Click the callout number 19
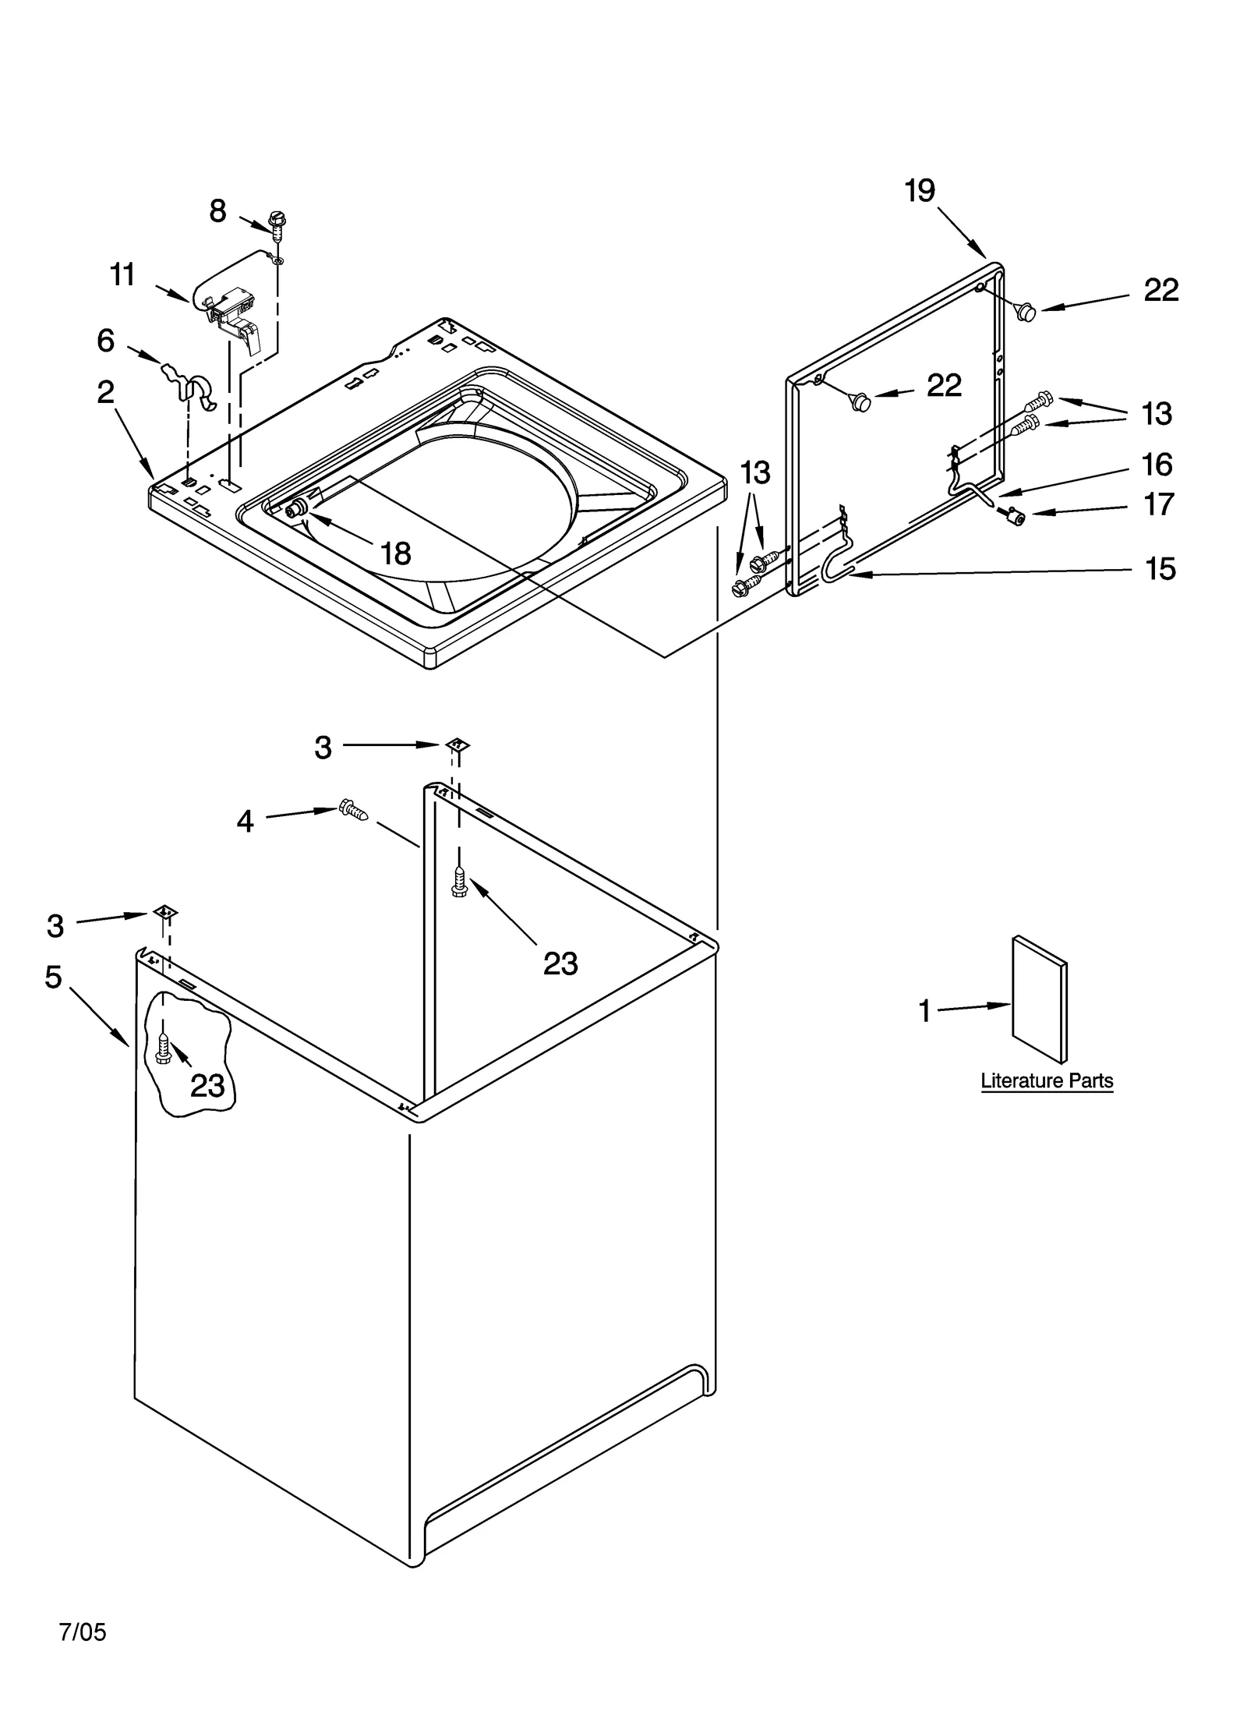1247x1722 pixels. click(x=920, y=191)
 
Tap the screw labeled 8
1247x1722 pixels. click(x=274, y=221)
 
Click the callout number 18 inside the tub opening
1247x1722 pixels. click(x=396, y=553)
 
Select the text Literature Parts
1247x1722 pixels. click(x=1046, y=1080)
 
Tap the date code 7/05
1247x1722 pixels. click(x=83, y=1632)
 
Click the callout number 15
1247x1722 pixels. click(x=1160, y=569)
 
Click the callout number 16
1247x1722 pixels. click(x=1157, y=465)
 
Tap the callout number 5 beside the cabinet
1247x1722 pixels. click(x=53, y=977)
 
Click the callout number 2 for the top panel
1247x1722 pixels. click(x=105, y=392)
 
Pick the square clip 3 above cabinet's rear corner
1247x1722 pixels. click(x=457, y=744)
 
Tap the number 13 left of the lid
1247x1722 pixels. click(x=754, y=472)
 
